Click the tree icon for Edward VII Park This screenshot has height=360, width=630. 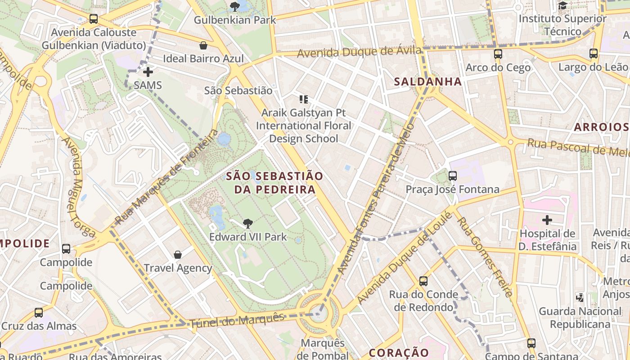coord(247,223)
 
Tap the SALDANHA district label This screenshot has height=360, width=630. coord(428,81)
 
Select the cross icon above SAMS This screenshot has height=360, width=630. coord(148,72)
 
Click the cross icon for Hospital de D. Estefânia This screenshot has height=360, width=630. coord(547,220)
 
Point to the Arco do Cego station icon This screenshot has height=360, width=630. coord(498,54)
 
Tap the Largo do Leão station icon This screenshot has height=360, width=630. coord(593,54)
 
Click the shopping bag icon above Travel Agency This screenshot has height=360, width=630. coord(178,255)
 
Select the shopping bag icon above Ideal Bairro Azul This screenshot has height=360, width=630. coord(203,45)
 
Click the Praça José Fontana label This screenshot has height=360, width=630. coord(452,189)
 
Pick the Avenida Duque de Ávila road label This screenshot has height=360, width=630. coord(360,52)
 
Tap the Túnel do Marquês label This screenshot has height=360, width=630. coord(237,320)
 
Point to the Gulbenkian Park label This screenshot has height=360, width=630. coord(234,20)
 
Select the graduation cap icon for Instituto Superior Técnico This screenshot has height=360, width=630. coord(562,5)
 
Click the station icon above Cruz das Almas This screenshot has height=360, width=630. coord(39,312)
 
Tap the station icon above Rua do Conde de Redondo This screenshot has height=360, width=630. coord(423,281)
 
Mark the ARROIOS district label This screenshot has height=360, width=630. coord(600,127)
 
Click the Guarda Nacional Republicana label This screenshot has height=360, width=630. coord(580,318)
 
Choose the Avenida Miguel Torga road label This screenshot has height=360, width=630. coord(78,186)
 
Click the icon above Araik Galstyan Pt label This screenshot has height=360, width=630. coord(304,99)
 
